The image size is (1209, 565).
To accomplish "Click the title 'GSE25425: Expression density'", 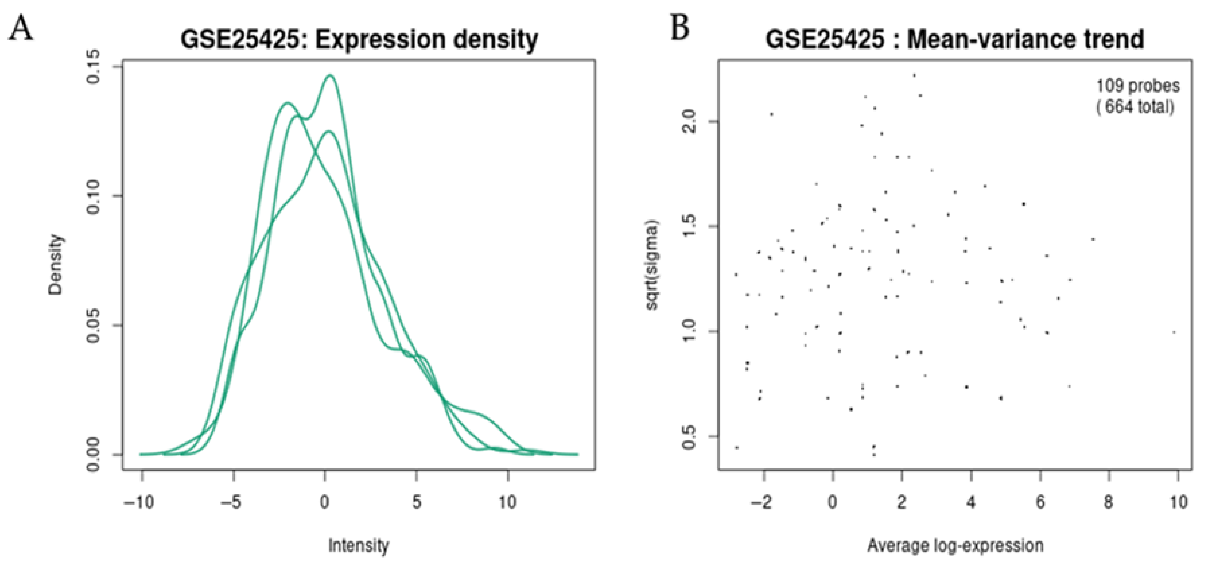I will pyautogui.click(x=359, y=40).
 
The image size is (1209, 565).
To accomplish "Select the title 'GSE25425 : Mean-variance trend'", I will pyautogui.click(x=955, y=40).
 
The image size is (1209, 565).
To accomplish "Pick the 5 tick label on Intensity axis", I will pyautogui.click(x=416, y=503).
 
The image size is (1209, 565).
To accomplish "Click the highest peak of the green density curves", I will pyautogui.click(x=330, y=75).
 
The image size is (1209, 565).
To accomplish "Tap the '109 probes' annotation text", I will pyautogui.click(x=1137, y=86).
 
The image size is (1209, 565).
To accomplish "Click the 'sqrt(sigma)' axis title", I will pyautogui.click(x=651, y=265).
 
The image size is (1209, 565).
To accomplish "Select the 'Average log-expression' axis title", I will pyautogui.click(x=955, y=546).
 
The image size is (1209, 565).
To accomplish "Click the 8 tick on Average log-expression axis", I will pyautogui.click(x=1108, y=503).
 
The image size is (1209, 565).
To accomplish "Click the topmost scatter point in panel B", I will pyautogui.click(x=914, y=75).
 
